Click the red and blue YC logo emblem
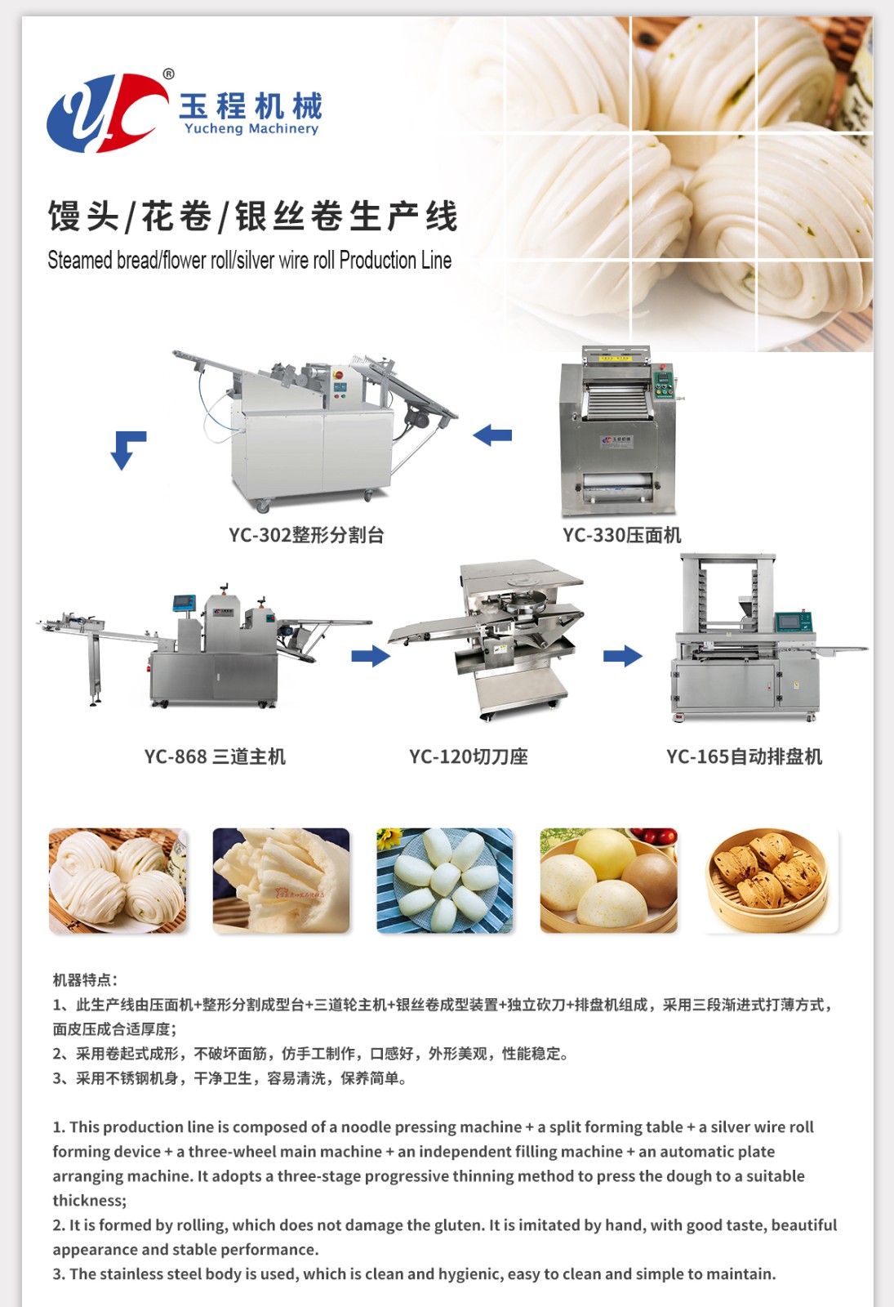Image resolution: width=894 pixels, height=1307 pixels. point(108,111)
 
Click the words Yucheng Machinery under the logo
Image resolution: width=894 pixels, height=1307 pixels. point(251,129)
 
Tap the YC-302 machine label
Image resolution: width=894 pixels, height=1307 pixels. point(306,534)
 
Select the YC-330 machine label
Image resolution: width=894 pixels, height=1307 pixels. point(621,534)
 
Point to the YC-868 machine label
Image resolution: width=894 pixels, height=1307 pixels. point(215,756)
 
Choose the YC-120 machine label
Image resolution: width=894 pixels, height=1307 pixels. point(469,756)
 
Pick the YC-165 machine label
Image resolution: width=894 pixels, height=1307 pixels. point(744,756)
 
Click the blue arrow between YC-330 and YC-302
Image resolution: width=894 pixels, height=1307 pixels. point(492,435)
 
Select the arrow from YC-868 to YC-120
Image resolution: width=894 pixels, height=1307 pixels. point(371,656)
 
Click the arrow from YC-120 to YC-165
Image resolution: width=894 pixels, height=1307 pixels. point(623,656)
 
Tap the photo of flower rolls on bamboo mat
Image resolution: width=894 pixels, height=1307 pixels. point(118,881)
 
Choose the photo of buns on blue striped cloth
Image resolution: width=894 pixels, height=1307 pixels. point(445,881)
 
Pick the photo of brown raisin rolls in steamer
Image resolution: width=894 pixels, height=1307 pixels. point(771,881)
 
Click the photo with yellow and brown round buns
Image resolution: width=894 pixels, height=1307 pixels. point(609,881)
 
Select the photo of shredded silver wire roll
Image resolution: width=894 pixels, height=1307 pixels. point(281,881)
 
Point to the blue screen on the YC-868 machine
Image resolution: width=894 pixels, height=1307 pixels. point(185,603)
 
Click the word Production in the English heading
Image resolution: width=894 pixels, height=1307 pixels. point(378,261)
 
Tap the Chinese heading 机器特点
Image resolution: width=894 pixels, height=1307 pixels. point(85,979)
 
